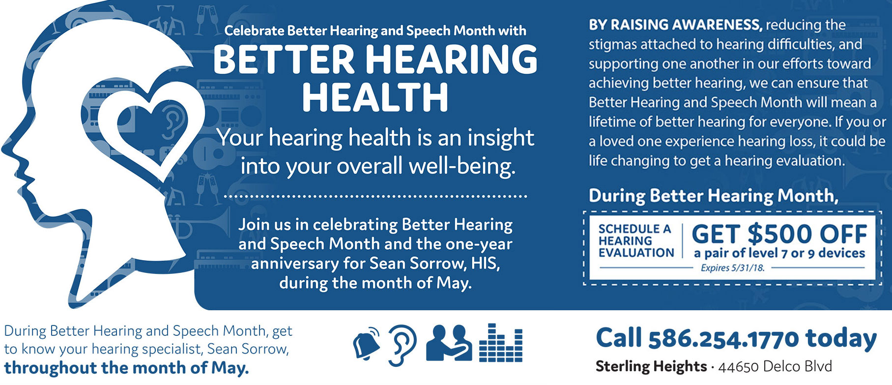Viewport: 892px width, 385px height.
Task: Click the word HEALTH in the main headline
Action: [x=375, y=97]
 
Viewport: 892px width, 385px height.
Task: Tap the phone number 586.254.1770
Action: [x=723, y=339]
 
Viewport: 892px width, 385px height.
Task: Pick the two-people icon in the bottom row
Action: [x=449, y=343]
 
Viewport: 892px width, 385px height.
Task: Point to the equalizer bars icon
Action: [x=500, y=343]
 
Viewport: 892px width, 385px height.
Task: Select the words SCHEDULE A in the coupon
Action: [x=634, y=229]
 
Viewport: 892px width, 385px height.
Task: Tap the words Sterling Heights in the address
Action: [x=651, y=366]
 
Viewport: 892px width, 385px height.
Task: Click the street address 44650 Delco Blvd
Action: [x=775, y=366]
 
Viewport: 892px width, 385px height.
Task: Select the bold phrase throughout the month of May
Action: [x=126, y=368]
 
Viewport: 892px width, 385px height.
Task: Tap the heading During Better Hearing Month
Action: [x=713, y=196]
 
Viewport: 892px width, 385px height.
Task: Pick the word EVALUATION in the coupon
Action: [x=636, y=253]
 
